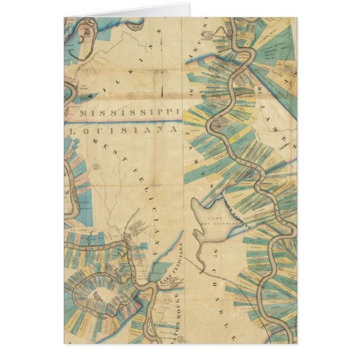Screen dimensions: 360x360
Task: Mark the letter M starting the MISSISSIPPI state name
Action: [84, 112]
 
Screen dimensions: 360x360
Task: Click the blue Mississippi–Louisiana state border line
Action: [123, 121]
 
